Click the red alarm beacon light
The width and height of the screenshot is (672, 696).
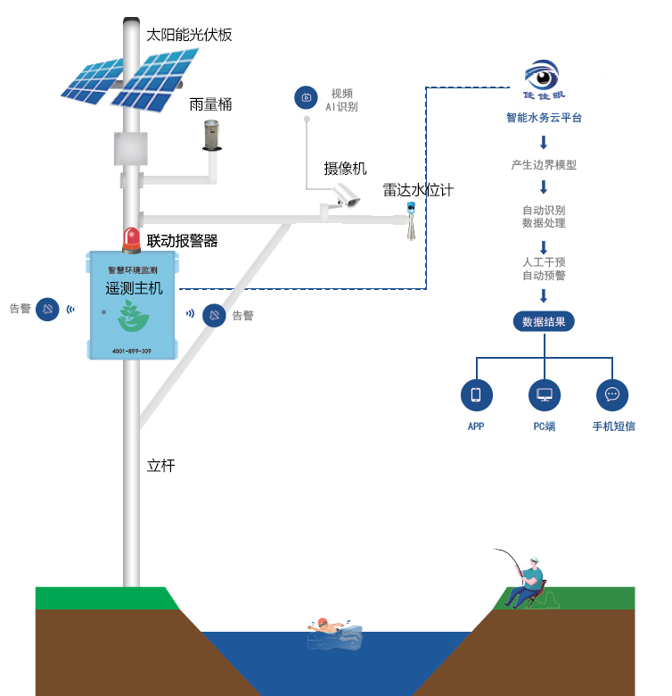point(132,240)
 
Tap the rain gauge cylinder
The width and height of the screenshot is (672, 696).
point(211,135)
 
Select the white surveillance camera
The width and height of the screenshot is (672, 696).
point(344,195)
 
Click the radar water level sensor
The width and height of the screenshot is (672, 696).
point(411,222)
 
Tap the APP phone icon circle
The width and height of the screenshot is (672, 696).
point(476,394)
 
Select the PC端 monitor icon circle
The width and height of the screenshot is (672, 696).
point(544,394)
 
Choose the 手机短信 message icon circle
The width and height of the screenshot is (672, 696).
point(612,394)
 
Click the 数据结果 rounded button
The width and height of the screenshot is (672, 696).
point(544,322)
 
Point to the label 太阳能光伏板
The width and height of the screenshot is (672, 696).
point(189,35)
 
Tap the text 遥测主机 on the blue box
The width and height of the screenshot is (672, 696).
point(133,288)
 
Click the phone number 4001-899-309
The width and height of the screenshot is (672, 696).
point(132,351)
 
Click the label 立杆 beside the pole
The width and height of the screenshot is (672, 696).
point(160,465)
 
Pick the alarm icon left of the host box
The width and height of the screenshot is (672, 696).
point(47,309)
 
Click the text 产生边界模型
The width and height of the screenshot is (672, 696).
point(544,165)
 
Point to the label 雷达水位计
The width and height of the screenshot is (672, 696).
point(418,189)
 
